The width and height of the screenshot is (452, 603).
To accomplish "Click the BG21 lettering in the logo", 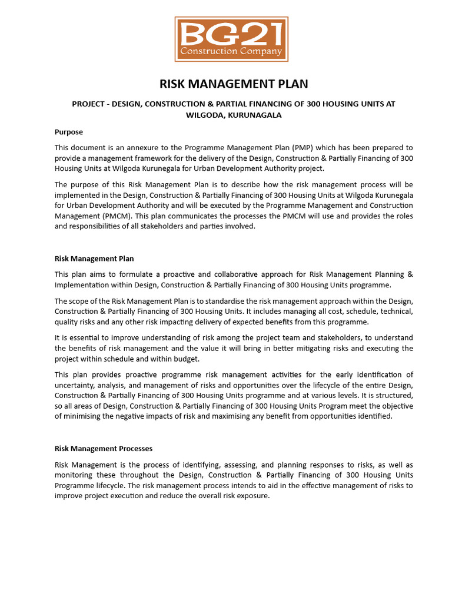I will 231,34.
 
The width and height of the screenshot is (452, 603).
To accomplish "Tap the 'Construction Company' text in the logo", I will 231,51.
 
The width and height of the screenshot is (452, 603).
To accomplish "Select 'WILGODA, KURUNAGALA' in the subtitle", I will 234,115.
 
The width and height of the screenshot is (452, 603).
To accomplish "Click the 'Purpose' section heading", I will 69,132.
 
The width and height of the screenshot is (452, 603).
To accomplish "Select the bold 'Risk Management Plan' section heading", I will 94,259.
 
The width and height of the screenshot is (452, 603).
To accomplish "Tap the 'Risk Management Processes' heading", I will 104,449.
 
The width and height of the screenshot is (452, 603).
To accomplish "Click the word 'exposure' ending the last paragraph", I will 254,496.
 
